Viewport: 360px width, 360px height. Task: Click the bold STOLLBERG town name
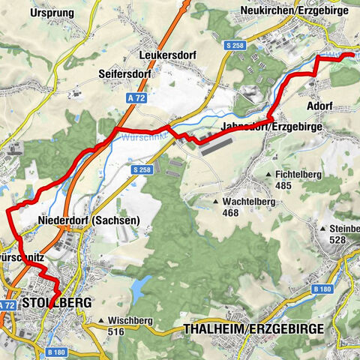(57, 303)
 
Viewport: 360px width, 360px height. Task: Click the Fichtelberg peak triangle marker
(268, 175)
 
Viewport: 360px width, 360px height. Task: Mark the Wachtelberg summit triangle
(216, 202)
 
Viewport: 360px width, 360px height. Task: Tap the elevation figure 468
(232, 212)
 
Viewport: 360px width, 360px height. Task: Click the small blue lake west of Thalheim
(139, 286)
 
